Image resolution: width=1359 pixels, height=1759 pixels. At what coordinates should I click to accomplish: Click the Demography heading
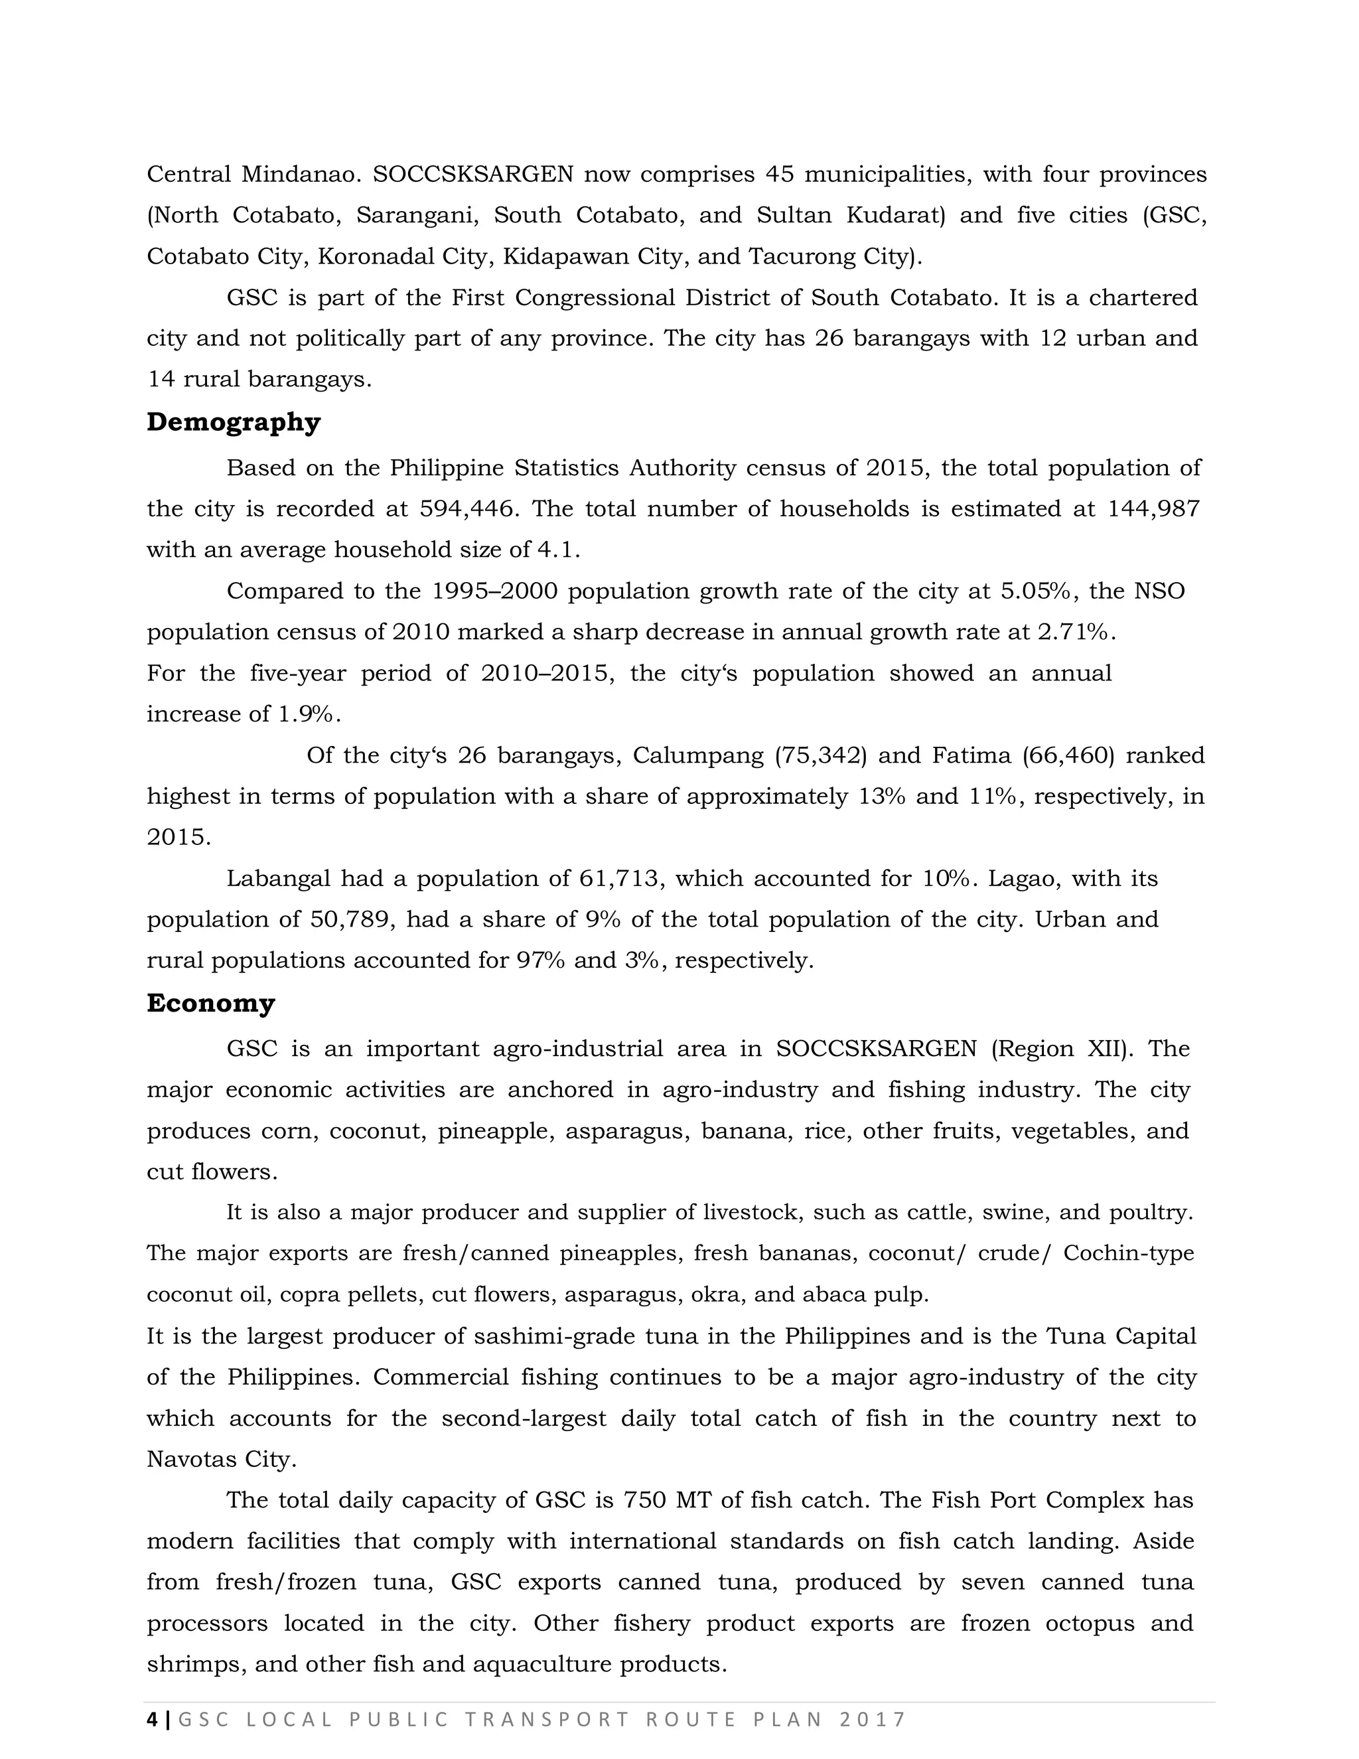[x=234, y=422]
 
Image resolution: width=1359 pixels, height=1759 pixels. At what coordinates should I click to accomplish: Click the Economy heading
[x=211, y=1004]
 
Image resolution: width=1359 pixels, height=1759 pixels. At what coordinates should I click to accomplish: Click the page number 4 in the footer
[x=151, y=1720]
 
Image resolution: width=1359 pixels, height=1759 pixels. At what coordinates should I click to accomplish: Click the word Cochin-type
[x=1129, y=1254]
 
